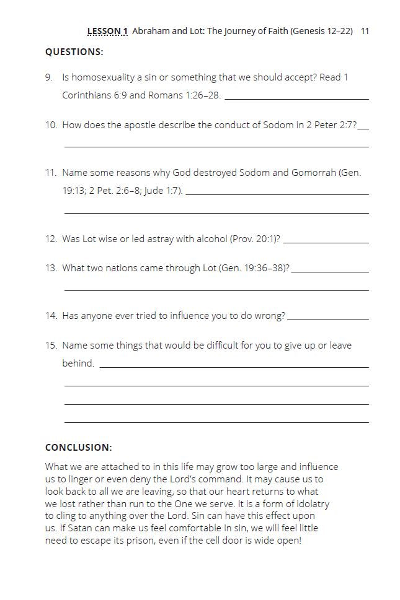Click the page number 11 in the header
pyautogui.click(x=365, y=30)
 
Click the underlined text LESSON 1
pyautogui.click(x=107, y=30)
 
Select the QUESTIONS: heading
pyautogui.click(x=74, y=52)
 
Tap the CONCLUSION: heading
pyautogui.click(x=79, y=447)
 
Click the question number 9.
pyautogui.click(x=48, y=77)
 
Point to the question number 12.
pyautogui.click(x=51, y=239)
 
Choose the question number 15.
pyautogui.click(x=51, y=345)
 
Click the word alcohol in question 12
pyautogui.click(x=211, y=239)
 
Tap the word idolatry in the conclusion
pyautogui.click(x=310, y=503)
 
